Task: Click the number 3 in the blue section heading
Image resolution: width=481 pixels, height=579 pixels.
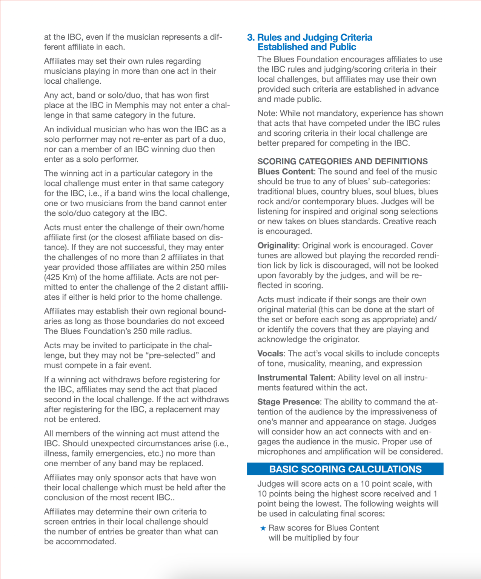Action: click(x=250, y=38)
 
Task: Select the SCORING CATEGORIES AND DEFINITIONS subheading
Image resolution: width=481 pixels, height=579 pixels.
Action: click(x=342, y=161)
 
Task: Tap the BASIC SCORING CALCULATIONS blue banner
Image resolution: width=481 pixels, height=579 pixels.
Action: click(x=345, y=469)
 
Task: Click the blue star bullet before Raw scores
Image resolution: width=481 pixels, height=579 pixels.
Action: click(x=263, y=528)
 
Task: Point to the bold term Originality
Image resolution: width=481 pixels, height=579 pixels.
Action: click(x=277, y=245)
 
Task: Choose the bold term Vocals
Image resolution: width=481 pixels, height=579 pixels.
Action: click(x=270, y=354)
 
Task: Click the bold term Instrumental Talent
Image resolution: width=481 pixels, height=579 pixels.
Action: click(x=295, y=378)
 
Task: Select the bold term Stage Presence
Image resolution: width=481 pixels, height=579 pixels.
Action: click(x=289, y=402)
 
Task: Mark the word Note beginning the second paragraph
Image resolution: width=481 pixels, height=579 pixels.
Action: click(x=266, y=113)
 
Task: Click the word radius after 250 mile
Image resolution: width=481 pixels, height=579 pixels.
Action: click(x=179, y=331)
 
